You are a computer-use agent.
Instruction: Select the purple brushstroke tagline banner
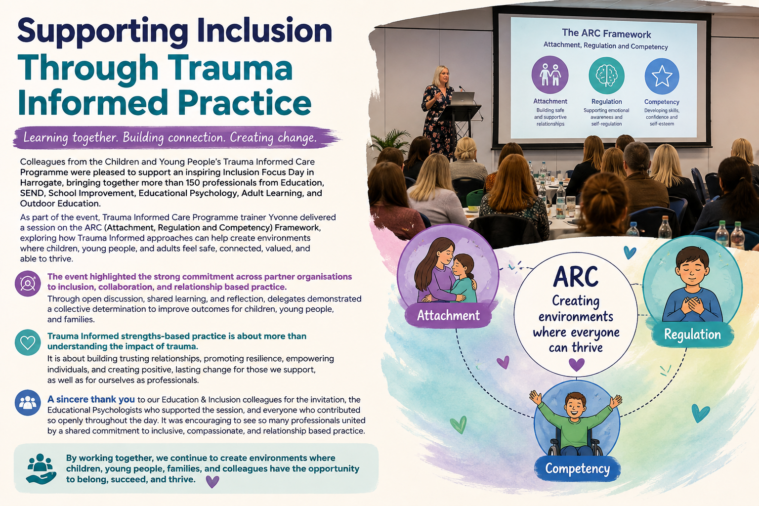click(x=176, y=137)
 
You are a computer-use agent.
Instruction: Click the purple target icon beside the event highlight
click(x=28, y=284)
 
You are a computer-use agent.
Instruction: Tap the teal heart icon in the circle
click(x=28, y=342)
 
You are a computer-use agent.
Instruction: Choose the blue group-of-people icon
click(x=28, y=403)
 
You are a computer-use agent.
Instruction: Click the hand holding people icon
click(x=41, y=469)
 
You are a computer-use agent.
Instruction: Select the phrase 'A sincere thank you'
click(x=91, y=399)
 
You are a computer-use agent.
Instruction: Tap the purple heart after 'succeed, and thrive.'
click(x=212, y=481)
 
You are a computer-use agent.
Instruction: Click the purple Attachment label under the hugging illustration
click(x=448, y=316)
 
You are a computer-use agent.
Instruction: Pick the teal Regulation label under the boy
click(x=692, y=335)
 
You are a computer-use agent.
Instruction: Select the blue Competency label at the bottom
click(x=577, y=469)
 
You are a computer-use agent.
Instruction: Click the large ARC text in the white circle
click(x=576, y=277)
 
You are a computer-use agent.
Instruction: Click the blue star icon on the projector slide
click(x=662, y=76)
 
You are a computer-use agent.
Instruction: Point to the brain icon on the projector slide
click(x=606, y=76)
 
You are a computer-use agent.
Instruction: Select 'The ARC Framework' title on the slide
click(x=606, y=34)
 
